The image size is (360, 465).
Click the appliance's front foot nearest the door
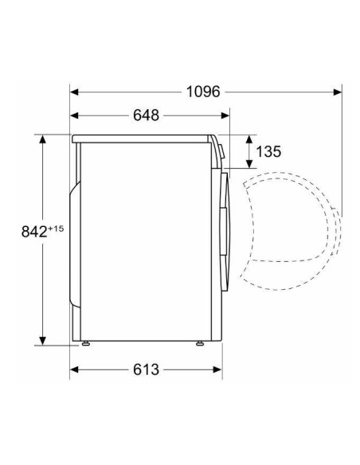click(x=199, y=345)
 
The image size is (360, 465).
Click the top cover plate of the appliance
click(x=143, y=139)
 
